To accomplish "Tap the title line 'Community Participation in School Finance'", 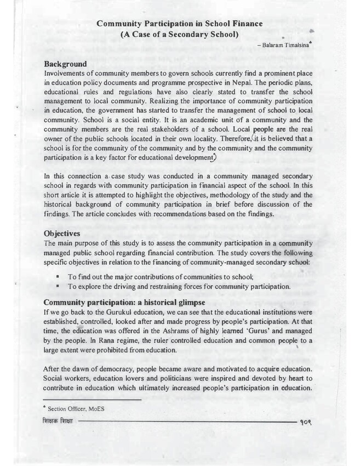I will click(x=179, y=24).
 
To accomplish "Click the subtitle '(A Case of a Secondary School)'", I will click(x=179, y=35).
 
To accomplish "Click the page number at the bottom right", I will click(x=305, y=424).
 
